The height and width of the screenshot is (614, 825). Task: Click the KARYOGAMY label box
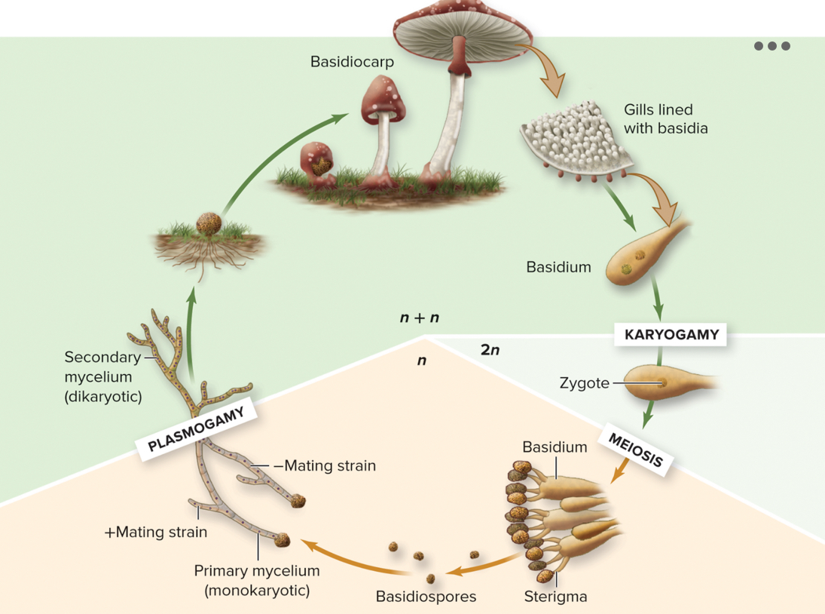pos(671,335)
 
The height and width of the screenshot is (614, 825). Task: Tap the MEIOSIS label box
pos(635,450)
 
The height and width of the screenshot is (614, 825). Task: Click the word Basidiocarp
pos(352,62)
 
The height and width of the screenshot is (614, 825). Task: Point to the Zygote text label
pos(584,383)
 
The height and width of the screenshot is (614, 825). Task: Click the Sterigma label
pos(555,597)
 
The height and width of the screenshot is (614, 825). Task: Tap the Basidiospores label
pos(426,597)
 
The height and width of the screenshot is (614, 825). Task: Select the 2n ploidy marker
pos(490,350)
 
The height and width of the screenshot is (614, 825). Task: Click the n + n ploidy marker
pos(420,318)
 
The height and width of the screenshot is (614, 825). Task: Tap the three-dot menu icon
pos(772,46)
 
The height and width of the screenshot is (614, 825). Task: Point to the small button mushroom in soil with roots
pos(209,225)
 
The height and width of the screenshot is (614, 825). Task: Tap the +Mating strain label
pos(155,532)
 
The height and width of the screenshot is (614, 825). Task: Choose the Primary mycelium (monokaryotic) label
pos(257,580)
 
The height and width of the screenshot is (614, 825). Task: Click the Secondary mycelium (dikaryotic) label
pos(103,376)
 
